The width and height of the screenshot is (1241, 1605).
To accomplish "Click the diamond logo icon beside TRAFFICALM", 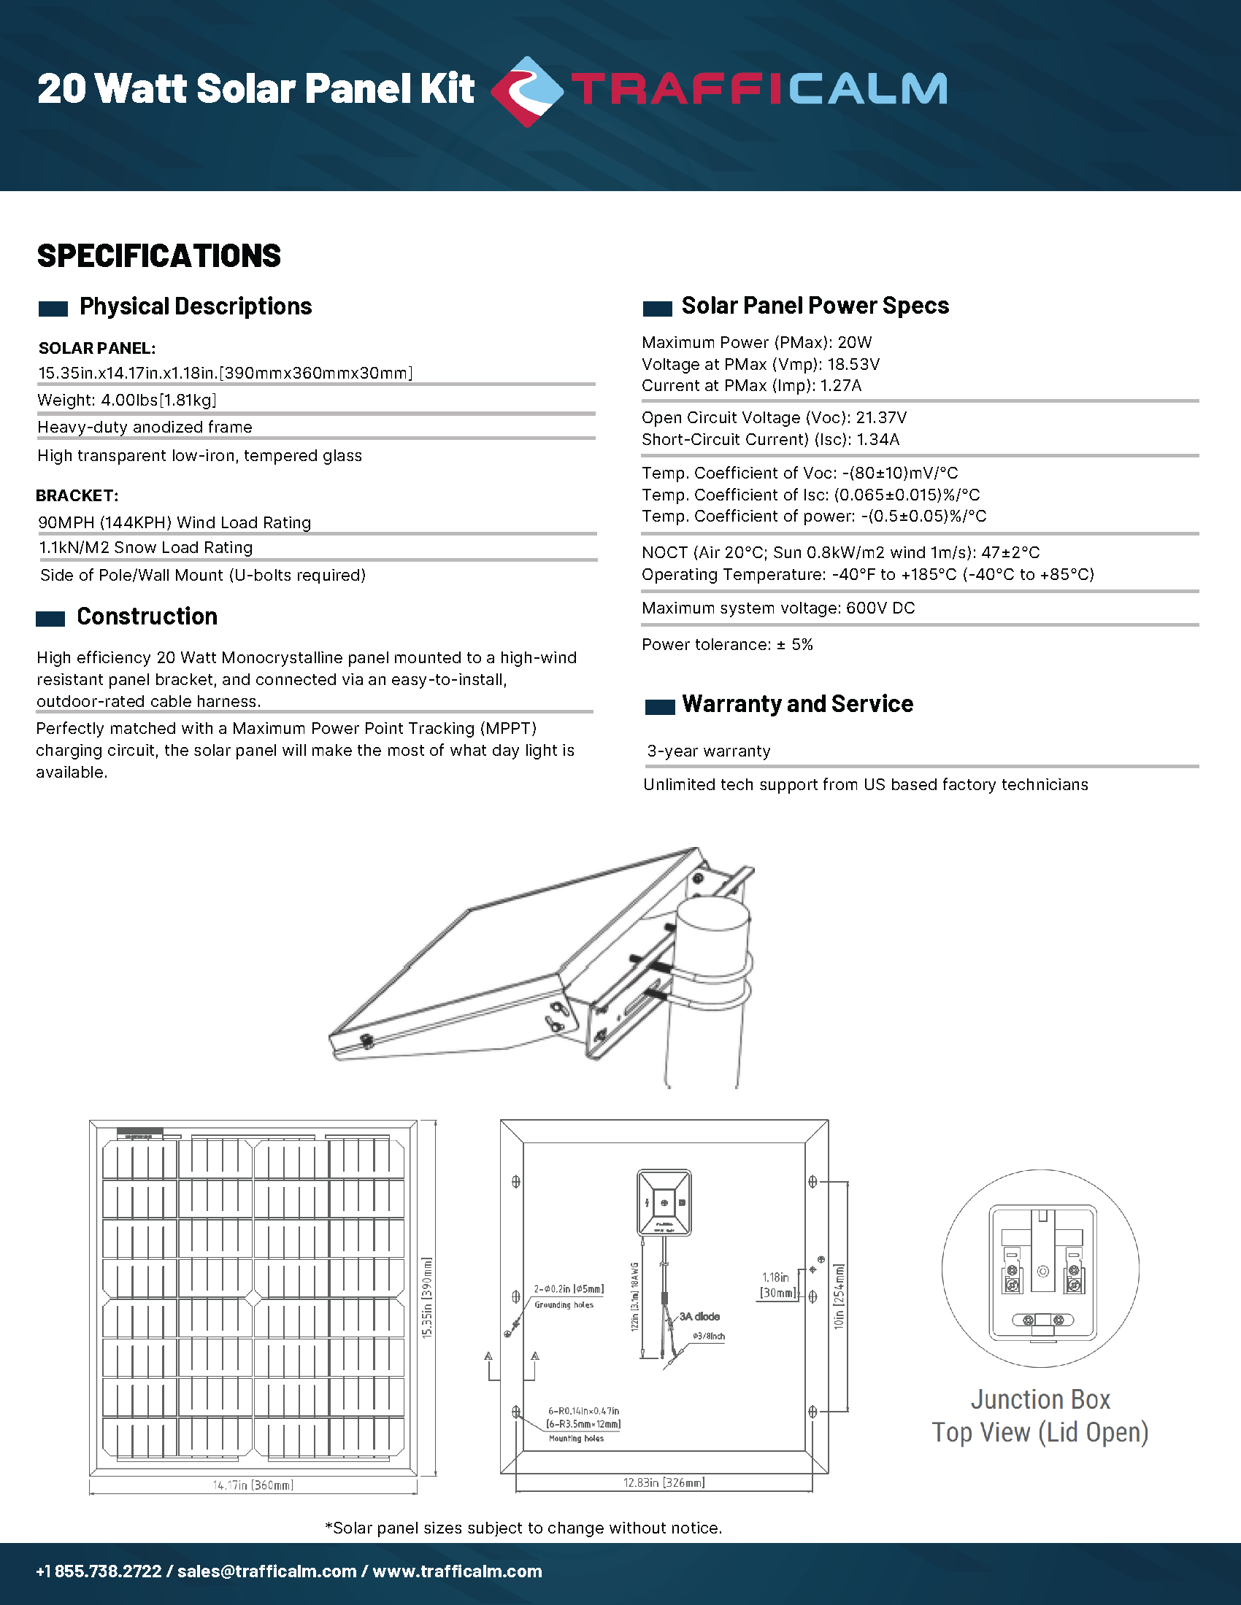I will [x=526, y=91].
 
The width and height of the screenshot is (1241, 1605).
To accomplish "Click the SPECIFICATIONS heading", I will [x=159, y=256].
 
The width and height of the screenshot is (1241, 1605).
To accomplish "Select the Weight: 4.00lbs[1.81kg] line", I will [x=127, y=400].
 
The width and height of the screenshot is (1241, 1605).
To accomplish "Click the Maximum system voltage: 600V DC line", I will [x=778, y=608].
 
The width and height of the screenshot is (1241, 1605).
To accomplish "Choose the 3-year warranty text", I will [x=709, y=750].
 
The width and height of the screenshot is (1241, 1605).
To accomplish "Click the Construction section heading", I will [x=147, y=616].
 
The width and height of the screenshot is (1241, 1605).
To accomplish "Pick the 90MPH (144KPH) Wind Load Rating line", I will [x=175, y=522].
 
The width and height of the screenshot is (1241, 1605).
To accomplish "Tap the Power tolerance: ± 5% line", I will [x=727, y=644].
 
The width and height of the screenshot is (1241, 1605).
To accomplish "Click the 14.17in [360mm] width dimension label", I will [x=253, y=1485].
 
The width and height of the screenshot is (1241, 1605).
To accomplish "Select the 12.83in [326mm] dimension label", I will [x=664, y=1482].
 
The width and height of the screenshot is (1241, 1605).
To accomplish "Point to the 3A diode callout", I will [x=699, y=1316].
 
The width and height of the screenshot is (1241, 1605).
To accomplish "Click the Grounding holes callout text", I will [x=564, y=1304].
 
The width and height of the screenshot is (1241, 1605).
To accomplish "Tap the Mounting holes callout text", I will [x=577, y=1438].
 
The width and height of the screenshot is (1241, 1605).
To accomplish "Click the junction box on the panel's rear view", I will [x=664, y=1203].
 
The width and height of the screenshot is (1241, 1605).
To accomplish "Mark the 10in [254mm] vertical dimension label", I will [x=839, y=1296].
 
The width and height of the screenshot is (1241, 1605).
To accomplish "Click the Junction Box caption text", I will [x=1040, y=1399].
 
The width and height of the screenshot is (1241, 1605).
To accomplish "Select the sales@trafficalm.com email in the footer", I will [x=267, y=1571].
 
